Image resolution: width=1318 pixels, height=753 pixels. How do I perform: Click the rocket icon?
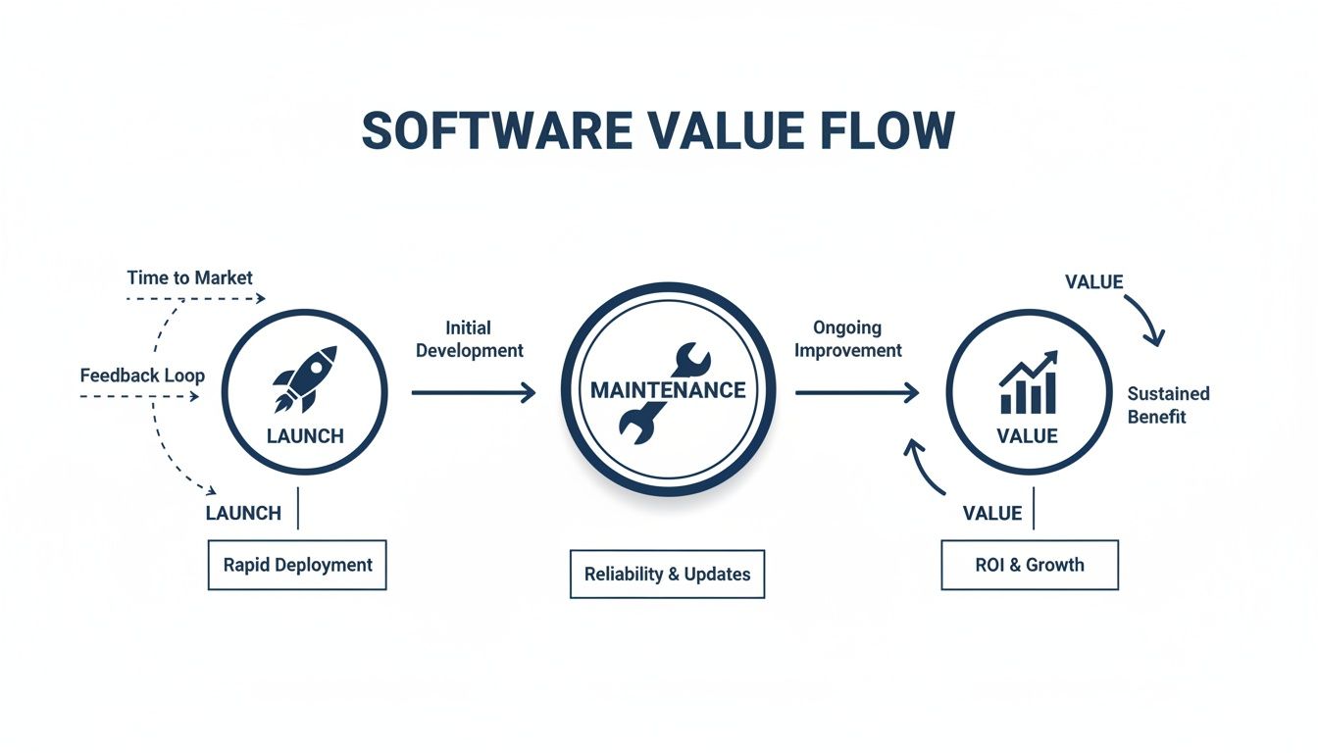[x=305, y=377]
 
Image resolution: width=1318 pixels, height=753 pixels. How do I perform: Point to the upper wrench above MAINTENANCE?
[x=693, y=359]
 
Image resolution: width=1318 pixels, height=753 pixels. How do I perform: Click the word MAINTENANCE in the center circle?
[x=668, y=390]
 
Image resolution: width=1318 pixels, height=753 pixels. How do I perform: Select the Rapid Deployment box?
[x=297, y=565]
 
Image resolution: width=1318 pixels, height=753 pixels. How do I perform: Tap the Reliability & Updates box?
[x=667, y=574]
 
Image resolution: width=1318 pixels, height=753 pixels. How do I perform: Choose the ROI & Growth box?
[x=1029, y=565]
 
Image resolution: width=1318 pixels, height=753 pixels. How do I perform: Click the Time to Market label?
[x=189, y=278]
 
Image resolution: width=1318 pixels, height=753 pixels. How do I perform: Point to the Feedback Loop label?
[x=142, y=376]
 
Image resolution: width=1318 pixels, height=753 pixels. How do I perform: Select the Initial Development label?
[x=469, y=339]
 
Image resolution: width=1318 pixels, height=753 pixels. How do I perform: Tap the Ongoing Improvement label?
[x=847, y=339]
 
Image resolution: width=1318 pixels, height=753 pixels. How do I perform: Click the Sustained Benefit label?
[x=1168, y=405]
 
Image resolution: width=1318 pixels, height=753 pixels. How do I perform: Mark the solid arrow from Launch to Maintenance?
[x=474, y=393]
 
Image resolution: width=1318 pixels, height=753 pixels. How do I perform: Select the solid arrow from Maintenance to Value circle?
[x=856, y=393]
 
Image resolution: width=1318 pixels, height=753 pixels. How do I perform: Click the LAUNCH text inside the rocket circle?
[x=305, y=436]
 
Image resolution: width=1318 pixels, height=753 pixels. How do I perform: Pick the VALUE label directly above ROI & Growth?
[x=991, y=514]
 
